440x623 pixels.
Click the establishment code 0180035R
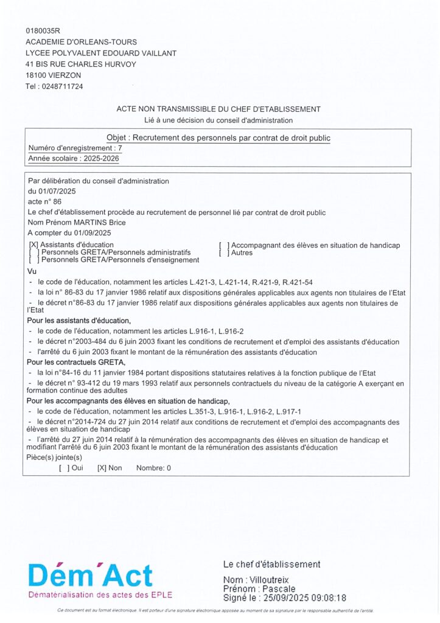pyautogui.click(x=44, y=30)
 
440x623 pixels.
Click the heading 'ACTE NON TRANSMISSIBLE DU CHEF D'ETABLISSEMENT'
pyautogui.click(x=218, y=109)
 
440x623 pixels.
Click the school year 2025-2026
pyautogui.click(x=97, y=159)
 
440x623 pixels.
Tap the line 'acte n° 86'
pyautogui.click(x=45, y=201)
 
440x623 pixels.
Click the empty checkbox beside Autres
pyautogui.click(x=224, y=252)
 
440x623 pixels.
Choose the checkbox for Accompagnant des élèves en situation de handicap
pyautogui.click(x=224, y=245)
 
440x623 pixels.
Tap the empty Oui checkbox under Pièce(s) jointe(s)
pyautogui.click(x=64, y=468)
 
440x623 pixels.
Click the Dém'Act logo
pyautogui.click(x=90, y=576)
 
